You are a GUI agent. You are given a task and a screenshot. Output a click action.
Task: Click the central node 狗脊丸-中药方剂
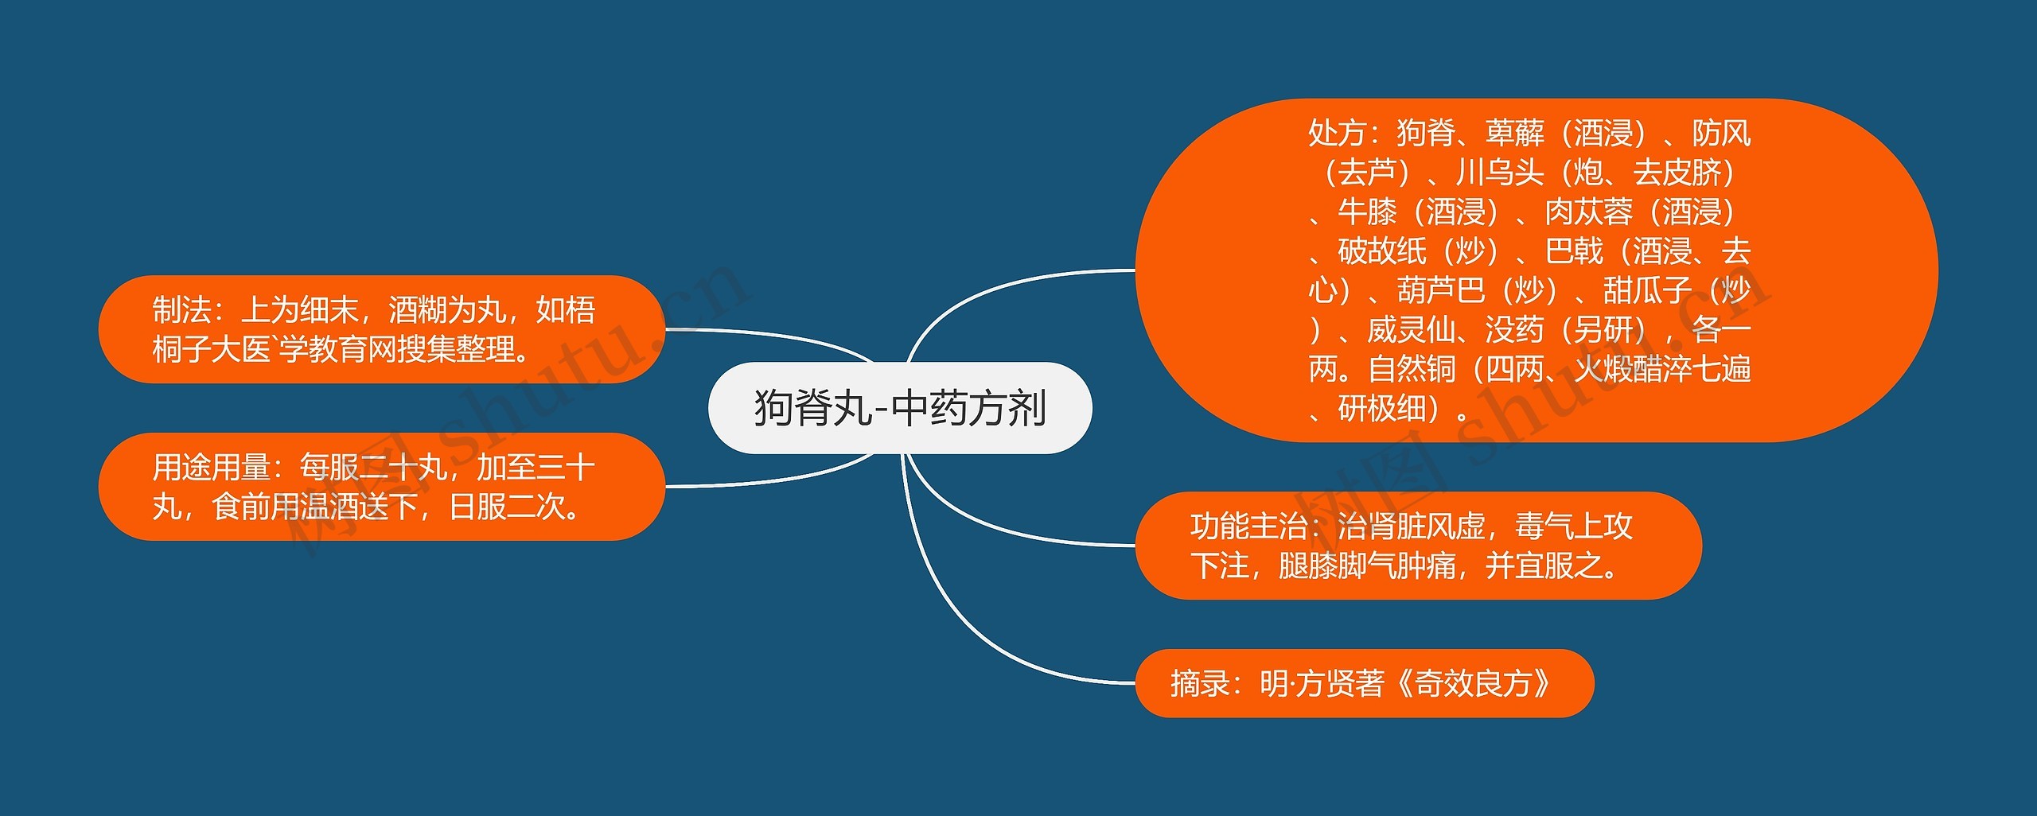tap(899, 408)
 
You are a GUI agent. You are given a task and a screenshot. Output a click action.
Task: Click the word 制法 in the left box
tap(181, 310)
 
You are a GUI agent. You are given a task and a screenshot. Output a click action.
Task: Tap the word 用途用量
tap(211, 468)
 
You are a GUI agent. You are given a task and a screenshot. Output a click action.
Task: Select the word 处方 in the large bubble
tap(1337, 133)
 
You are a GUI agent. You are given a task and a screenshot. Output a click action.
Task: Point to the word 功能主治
tap(1248, 527)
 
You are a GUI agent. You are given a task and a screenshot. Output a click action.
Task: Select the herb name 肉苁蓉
tap(1588, 212)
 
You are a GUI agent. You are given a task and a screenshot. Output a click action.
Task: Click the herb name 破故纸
tap(1381, 251)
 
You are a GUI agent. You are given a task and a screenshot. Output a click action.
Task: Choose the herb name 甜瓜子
tap(1647, 290)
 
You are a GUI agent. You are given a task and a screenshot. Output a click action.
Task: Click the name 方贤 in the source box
tap(1325, 684)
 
